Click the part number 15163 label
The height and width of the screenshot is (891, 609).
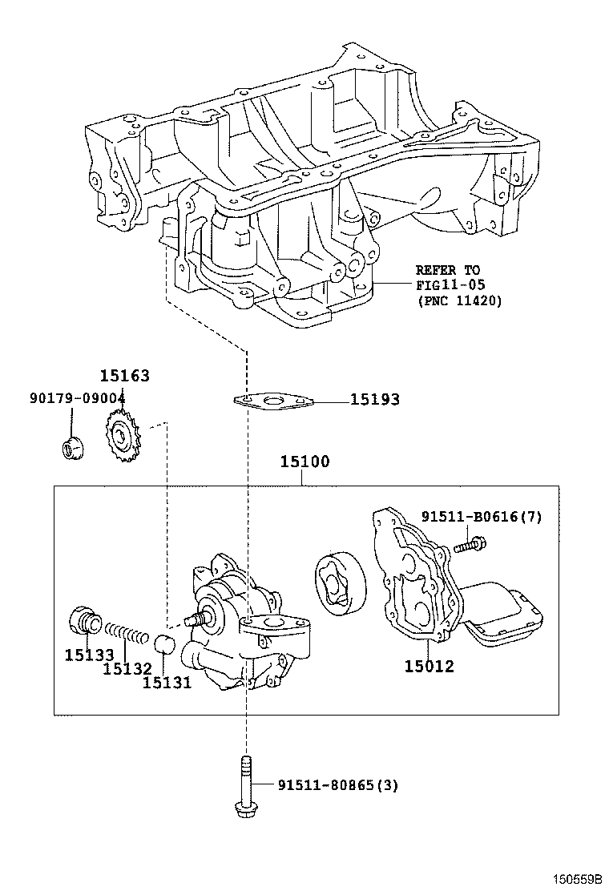point(124,376)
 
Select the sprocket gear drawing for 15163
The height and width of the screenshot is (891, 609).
point(123,437)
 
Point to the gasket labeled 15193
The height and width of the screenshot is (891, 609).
point(272,400)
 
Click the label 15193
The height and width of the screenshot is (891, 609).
point(374,399)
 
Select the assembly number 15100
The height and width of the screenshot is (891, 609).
point(304,462)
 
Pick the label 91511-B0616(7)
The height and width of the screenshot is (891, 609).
point(482,517)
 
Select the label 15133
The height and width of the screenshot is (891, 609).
point(89,655)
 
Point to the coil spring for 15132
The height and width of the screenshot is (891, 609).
point(127,635)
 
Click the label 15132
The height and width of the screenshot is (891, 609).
point(127,668)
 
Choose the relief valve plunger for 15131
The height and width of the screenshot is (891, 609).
point(163,643)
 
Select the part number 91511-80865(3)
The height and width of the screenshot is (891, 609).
point(337,785)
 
